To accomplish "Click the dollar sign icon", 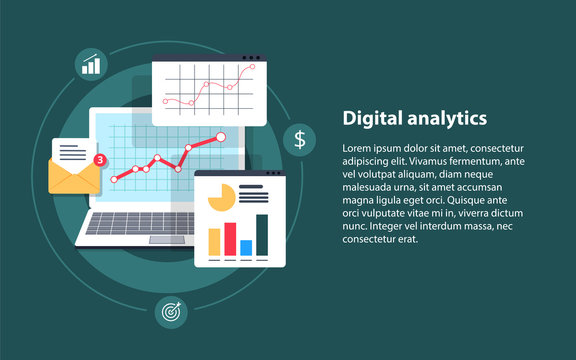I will pyautogui.click(x=300, y=138).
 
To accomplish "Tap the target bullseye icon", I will pyautogui.click(x=169, y=312).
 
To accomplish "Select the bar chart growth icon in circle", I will pyautogui.click(x=91, y=65).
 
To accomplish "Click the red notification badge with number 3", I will pyautogui.click(x=98, y=159).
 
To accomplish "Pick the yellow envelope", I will pyautogui.click(x=75, y=176).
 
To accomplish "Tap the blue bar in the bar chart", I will pyautogui.click(x=246, y=247).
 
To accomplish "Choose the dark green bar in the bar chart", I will pyautogui.click(x=262, y=234).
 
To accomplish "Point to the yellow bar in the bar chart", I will pyautogui.click(x=214, y=242).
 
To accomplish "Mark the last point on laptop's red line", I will pyautogui.click(x=221, y=135).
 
